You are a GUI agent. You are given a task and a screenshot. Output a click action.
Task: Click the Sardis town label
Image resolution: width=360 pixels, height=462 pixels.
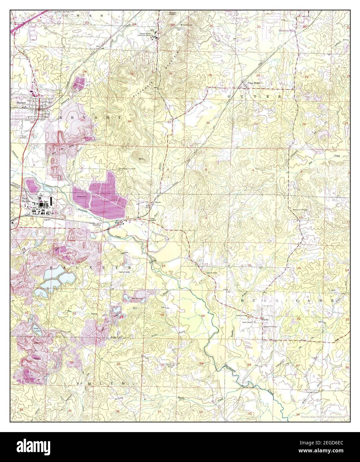(266, 319)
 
